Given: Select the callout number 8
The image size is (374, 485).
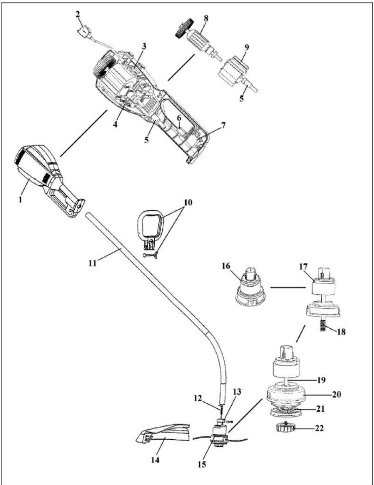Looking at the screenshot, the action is click(x=206, y=19).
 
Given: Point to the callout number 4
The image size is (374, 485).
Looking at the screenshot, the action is click(x=115, y=124).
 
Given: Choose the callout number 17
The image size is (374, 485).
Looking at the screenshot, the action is click(x=303, y=267).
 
